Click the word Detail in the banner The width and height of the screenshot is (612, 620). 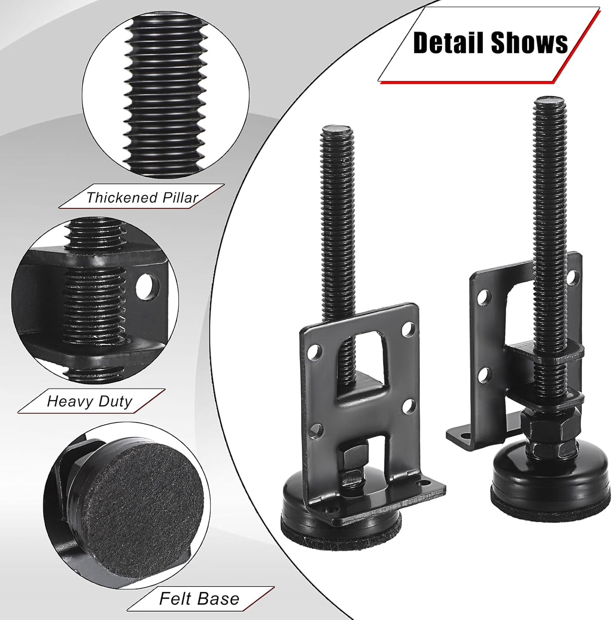449,43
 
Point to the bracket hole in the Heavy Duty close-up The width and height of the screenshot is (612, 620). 147,285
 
